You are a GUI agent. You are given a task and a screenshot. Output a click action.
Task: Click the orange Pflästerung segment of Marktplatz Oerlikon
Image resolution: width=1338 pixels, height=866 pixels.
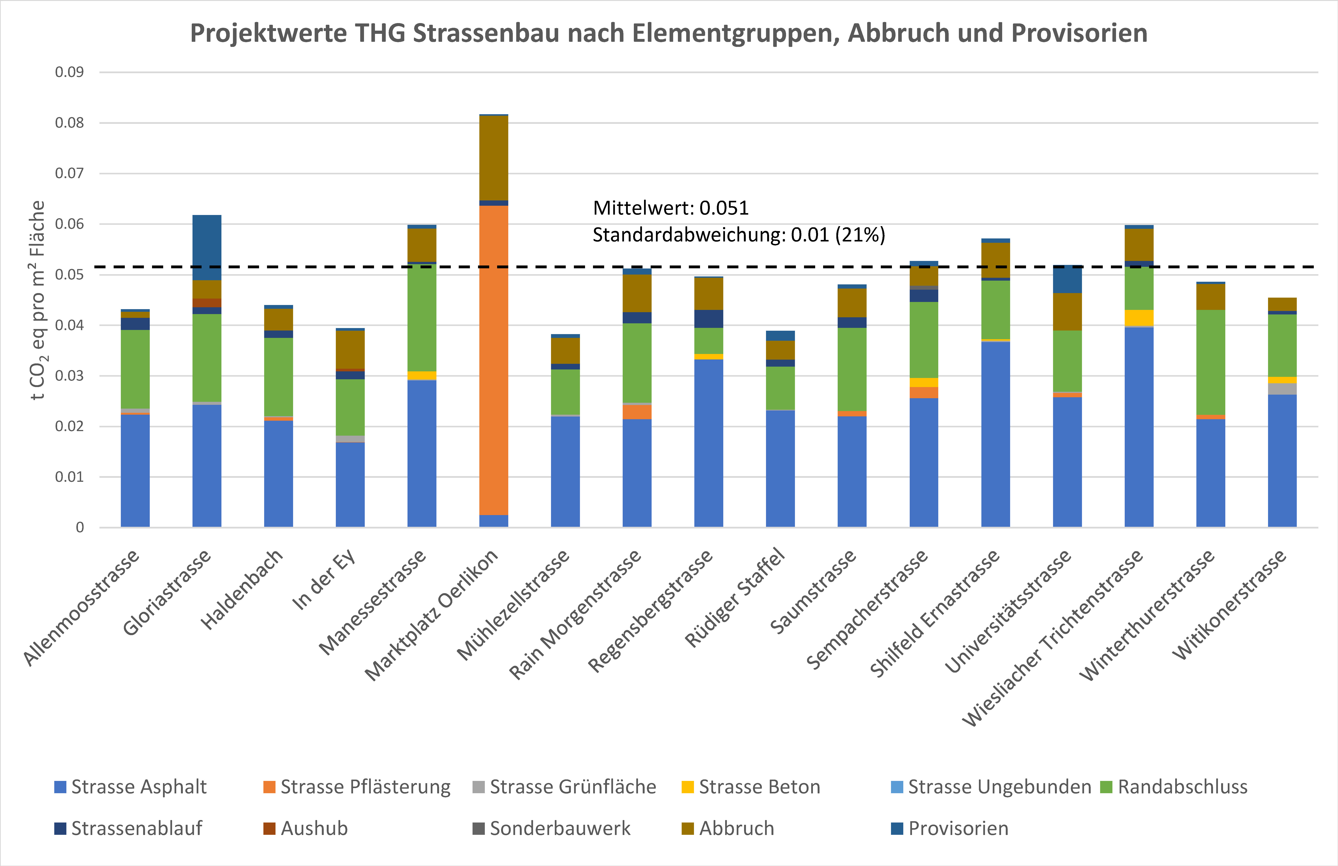tap(494, 360)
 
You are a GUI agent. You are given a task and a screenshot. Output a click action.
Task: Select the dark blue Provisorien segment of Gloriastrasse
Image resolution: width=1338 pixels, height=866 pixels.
tap(207, 248)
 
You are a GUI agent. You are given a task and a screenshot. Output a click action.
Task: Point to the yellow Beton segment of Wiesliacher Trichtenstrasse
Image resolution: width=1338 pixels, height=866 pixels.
tap(1139, 318)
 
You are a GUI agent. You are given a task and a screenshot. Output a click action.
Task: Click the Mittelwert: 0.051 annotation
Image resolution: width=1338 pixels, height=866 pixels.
tap(671, 208)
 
